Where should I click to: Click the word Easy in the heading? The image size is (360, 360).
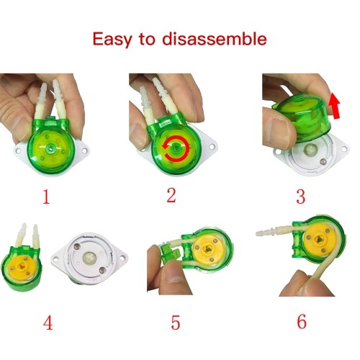[112, 40]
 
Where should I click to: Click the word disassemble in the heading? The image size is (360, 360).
[215, 38]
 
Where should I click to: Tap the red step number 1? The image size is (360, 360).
[46, 197]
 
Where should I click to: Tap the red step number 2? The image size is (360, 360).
[171, 195]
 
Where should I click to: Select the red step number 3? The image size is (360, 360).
[301, 197]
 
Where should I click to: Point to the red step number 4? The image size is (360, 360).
[48, 323]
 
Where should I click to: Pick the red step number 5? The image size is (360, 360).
[176, 323]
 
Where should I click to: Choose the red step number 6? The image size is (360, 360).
[302, 321]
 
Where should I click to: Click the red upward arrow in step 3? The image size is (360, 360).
[334, 106]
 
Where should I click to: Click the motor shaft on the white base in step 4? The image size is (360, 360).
[89, 258]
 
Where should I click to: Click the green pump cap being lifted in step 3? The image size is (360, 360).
[302, 117]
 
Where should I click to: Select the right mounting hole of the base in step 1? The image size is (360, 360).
[84, 150]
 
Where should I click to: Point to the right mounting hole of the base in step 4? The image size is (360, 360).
[122, 258]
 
